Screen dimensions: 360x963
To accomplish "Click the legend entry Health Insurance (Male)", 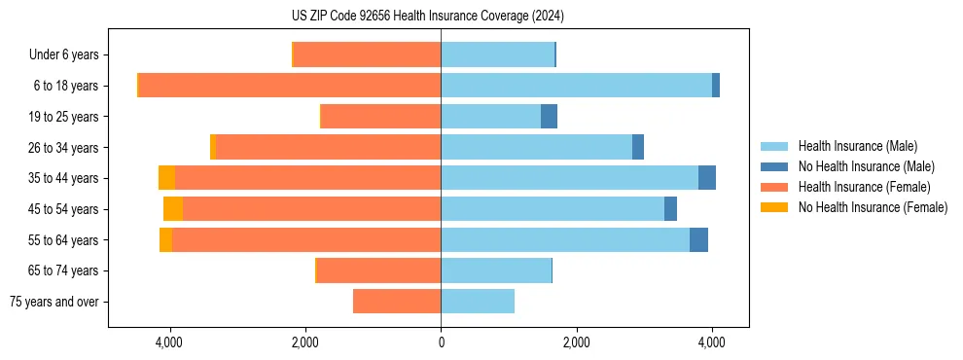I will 856,146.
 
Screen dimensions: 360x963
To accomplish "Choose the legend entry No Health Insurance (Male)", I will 866,166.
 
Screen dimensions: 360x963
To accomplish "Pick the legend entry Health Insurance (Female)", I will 863,187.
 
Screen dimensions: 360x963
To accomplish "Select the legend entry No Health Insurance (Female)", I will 873,207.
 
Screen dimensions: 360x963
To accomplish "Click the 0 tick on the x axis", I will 441,342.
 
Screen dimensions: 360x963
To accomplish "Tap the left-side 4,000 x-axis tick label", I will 170,342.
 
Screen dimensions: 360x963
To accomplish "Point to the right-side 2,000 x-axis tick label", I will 576,342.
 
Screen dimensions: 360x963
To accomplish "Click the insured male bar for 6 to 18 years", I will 576,86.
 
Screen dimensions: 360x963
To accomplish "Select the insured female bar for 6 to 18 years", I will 290,86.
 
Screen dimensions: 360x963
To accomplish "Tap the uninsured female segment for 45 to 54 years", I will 173,209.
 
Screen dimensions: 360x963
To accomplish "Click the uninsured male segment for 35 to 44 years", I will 707,178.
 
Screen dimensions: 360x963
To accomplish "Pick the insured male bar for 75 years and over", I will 478,302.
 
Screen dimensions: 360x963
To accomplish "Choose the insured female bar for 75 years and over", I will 397,302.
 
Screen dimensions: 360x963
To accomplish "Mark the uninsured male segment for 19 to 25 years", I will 549,117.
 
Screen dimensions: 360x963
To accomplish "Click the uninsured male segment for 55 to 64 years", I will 698,240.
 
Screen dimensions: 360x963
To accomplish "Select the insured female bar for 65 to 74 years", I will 379,270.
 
